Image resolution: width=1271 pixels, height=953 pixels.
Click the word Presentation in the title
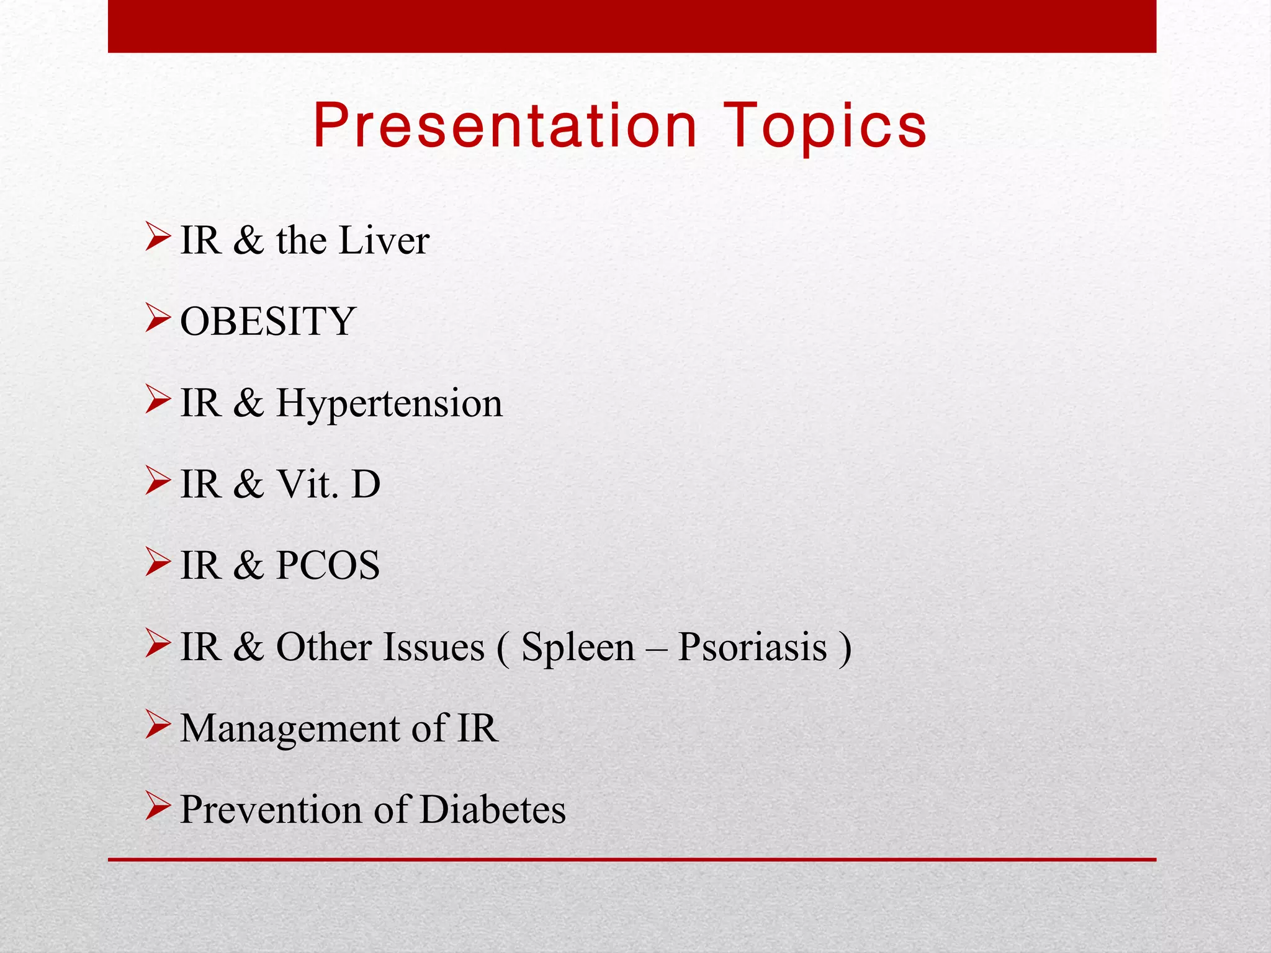(505, 127)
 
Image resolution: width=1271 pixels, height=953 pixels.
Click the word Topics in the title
(825, 128)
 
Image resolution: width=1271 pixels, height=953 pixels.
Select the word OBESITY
(267, 321)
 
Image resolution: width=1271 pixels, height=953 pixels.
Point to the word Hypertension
(389, 404)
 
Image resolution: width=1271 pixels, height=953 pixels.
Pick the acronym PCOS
(328, 565)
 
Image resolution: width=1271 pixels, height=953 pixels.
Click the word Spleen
(578, 647)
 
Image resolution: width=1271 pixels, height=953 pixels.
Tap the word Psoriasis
(752, 647)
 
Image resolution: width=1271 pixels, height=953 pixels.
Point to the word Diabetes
(493, 810)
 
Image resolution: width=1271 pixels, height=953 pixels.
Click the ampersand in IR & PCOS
(248, 565)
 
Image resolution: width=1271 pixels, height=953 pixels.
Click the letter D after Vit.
(366, 484)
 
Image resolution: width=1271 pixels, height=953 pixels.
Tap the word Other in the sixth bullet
(323, 647)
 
